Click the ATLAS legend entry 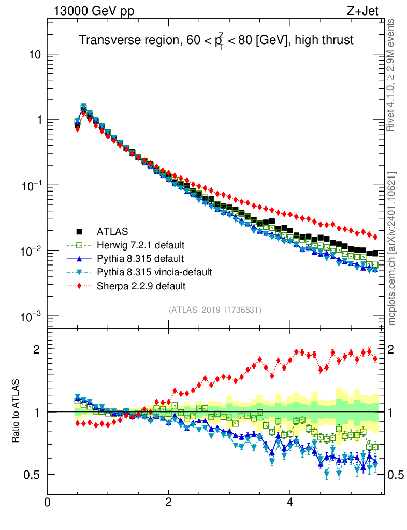point(111,231)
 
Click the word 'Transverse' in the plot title point(104,40)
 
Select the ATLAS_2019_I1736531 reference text point(215,310)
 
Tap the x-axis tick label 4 point(290,502)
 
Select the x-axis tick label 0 point(48,502)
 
